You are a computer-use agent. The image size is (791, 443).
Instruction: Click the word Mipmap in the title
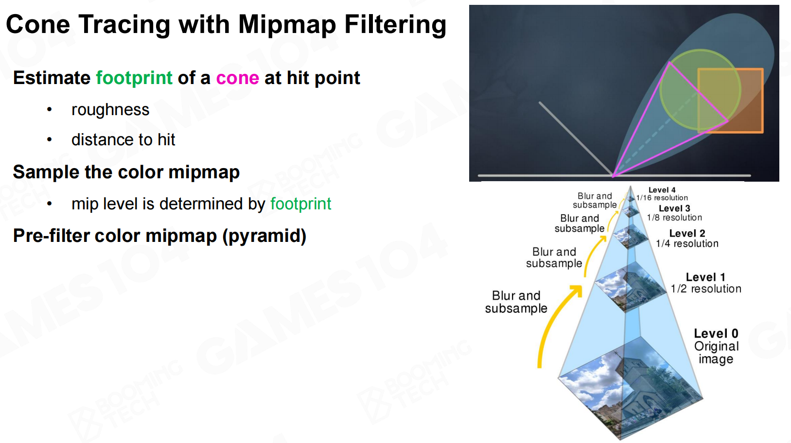click(286, 25)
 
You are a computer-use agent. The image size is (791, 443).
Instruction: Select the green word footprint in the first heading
click(134, 78)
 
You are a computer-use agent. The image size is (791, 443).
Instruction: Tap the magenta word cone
click(238, 78)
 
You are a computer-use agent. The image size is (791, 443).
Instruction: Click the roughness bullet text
click(110, 110)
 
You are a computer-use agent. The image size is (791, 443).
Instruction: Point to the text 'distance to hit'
click(123, 140)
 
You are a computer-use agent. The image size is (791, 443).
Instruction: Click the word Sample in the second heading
click(46, 172)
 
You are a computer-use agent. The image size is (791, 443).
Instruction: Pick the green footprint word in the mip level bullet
click(301, 204)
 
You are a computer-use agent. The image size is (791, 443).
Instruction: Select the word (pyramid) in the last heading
click(264, 236)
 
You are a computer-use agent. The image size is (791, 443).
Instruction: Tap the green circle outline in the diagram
click(660, 90)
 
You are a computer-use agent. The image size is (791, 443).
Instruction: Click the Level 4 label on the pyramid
click(662, 190)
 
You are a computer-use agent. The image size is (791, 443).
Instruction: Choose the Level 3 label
click(674, 208)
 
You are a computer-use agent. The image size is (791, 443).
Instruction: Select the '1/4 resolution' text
click(687, 244)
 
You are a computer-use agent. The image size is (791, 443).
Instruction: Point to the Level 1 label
click(705, 277)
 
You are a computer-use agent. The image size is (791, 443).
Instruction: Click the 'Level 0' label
click(716, 333)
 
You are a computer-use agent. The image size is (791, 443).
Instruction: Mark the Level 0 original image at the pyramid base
click(631, 388)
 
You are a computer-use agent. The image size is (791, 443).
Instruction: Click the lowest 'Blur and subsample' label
click(516, 302)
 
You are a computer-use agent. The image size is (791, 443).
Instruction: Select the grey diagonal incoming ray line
click(576, 139)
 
